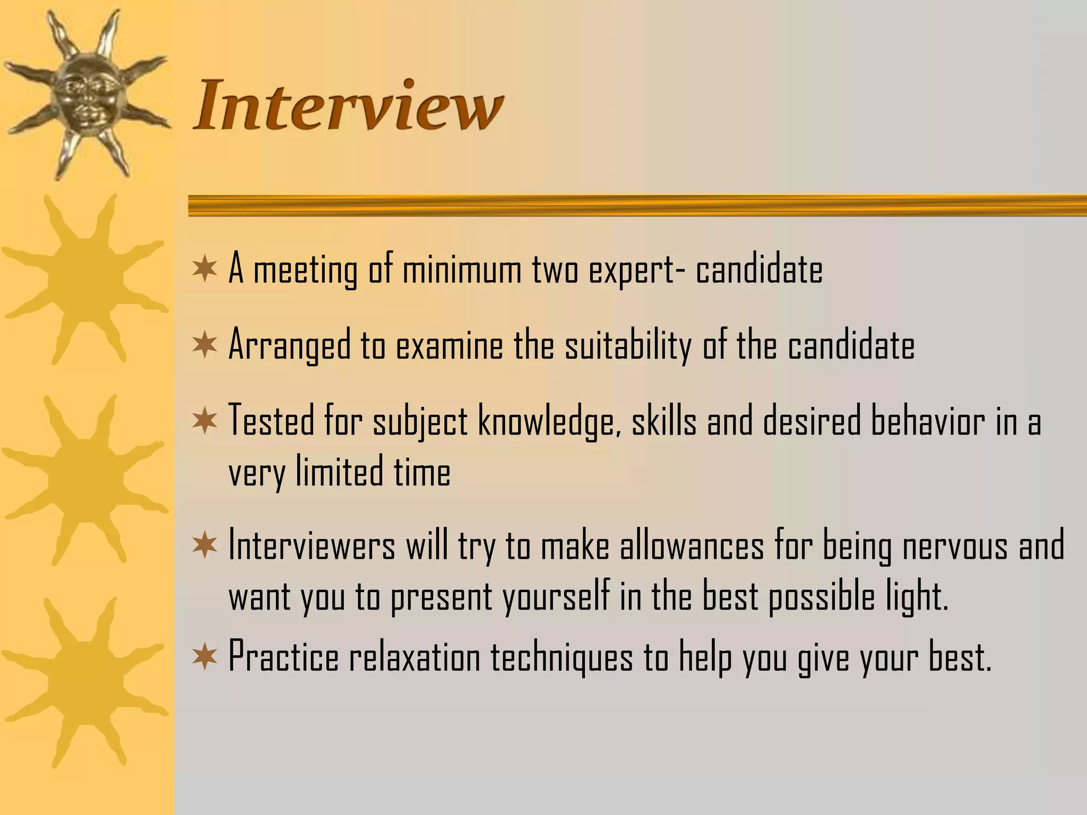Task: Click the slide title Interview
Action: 348,105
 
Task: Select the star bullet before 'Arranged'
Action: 205,345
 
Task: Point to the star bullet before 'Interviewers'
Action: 205,546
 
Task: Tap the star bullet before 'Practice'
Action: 205,657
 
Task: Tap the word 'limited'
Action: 339,472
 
